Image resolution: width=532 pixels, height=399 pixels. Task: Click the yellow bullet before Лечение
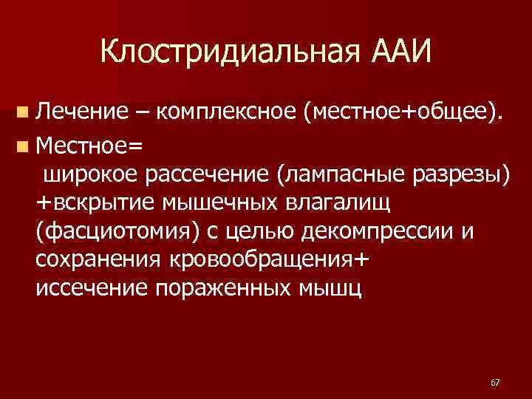click(24, 112)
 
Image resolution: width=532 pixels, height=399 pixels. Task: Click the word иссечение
click(91, 287)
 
